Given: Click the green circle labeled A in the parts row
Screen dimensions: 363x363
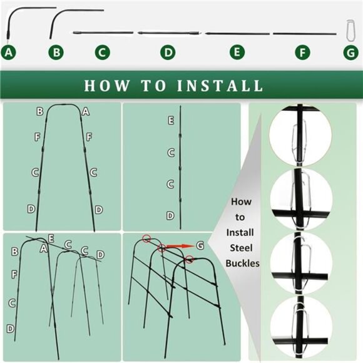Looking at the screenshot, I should pyautogui.click(x=8, y=53).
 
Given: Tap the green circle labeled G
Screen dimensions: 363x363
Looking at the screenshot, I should pyautogui.click(x=351, y=53).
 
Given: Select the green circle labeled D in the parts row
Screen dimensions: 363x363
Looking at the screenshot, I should pyautogui.click(x=167, y=53).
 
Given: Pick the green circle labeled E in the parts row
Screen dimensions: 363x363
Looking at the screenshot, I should pyautogui.click(x=237, y=53).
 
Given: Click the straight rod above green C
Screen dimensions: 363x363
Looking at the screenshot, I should pyautogui.click(x=103, y=32).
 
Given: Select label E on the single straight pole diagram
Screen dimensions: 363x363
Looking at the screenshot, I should pyautogui.click(x=170, y=120).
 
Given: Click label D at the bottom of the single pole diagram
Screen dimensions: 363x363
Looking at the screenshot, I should pyautogui.click(x=170, y=215).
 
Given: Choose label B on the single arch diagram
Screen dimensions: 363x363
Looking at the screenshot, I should pyautogui.click(x=39, y=111).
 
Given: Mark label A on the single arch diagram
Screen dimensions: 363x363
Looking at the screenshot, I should pyautogui.click(x=85, y=111).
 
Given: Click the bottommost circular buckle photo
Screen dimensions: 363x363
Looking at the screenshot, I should pyautogui.click(x=301, y=325).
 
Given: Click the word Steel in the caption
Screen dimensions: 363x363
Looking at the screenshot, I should pyautogui.click(x=241, y=248).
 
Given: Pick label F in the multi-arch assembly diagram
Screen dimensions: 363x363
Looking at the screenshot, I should pyautogui.click(x=14, y=274).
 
